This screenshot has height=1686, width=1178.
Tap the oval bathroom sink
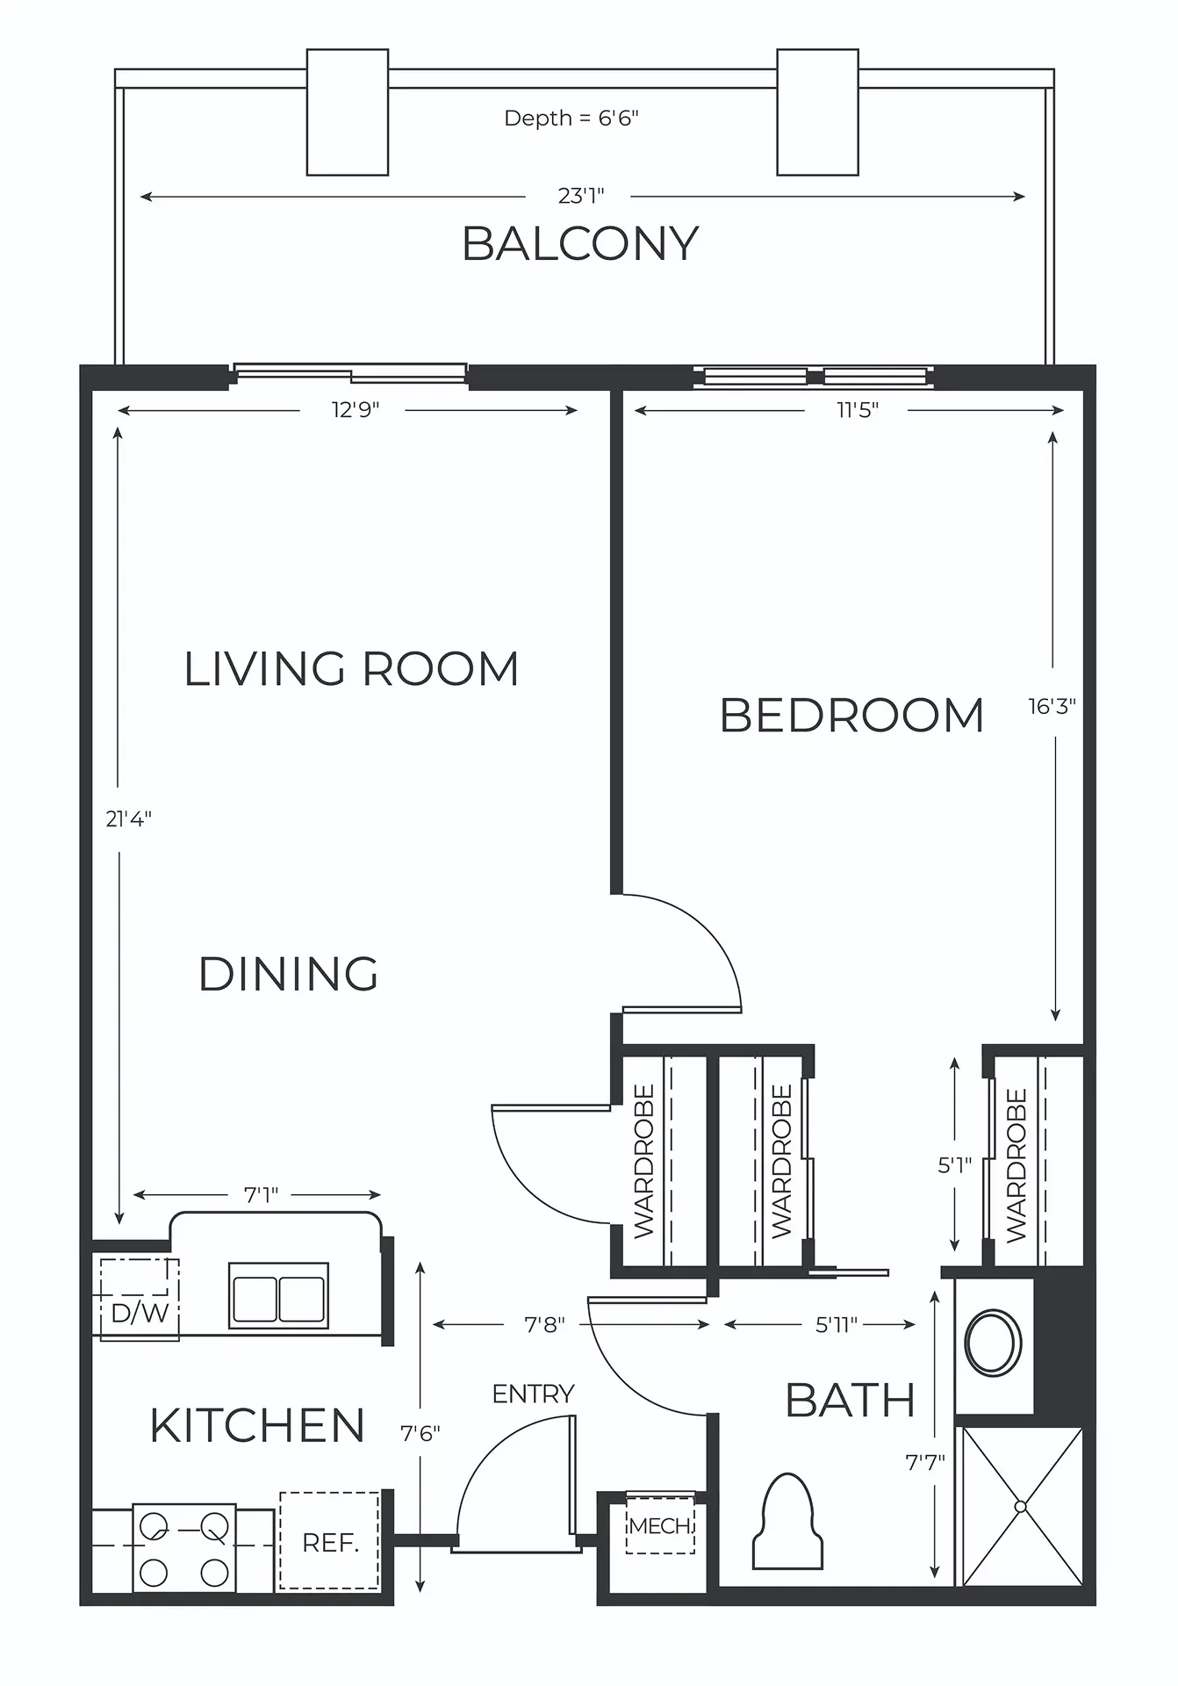coord(993,1342)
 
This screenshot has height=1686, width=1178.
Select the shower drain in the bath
coord(1020,1506)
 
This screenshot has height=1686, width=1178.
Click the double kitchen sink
coord(278,1295)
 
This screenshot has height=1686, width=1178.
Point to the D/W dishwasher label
coord(140,1314)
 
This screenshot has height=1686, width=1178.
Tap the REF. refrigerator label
coord(330,1543)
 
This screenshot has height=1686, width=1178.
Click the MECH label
coord(660,1526)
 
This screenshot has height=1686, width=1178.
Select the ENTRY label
coord(533,1394)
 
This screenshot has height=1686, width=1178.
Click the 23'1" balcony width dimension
coord(581,196)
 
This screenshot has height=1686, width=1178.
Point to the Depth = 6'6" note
coord(571,119)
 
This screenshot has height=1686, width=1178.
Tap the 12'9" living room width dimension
coord(356,410)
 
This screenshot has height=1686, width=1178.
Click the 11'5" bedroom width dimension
coord(857,410)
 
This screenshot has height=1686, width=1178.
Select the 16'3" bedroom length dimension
coord(1052,706)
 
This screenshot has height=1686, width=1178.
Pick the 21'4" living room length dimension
coord(129,818)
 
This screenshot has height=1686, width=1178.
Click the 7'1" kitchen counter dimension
coord(261,1195)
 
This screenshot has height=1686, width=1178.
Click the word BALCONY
coord(580,244)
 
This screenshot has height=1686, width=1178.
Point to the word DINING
coord(289,974)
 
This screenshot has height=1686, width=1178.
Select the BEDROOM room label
coord(852,715)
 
